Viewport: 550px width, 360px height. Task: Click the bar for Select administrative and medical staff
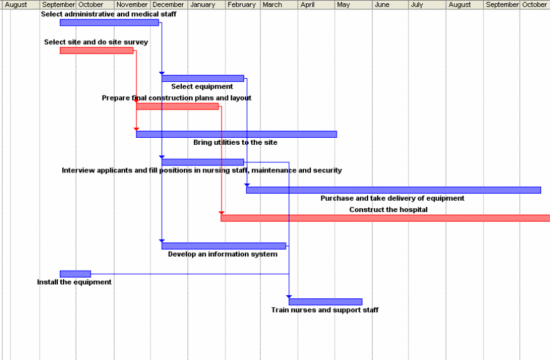point(109,23)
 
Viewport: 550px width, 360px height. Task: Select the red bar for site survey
point(96,50)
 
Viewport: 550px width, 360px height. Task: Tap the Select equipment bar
point(203,79)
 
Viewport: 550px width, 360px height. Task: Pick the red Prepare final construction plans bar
point(177,106)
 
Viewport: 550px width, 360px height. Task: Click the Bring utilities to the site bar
point(236,134)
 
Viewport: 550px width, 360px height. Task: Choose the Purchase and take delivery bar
point(393,190)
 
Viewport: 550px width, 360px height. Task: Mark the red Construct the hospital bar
point(385,218)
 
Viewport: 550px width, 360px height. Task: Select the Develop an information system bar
point(223,246)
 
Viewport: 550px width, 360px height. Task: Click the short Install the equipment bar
point(75,274)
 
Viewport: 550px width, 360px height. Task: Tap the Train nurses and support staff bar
point(325,301)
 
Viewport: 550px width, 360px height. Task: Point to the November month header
point(132,5)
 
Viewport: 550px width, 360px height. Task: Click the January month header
point(202,5)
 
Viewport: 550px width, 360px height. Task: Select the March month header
point(272,5)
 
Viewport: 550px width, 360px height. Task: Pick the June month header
point(382,5)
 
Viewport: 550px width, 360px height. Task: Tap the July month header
point(417,5)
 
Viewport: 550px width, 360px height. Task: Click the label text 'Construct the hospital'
point(388,210)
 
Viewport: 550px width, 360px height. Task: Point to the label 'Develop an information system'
point(222,254)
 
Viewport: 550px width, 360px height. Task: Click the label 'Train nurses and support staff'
point(325,310)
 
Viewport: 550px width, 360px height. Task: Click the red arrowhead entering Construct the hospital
point(222,213)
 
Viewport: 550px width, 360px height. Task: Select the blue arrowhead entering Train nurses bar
point(289,296)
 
